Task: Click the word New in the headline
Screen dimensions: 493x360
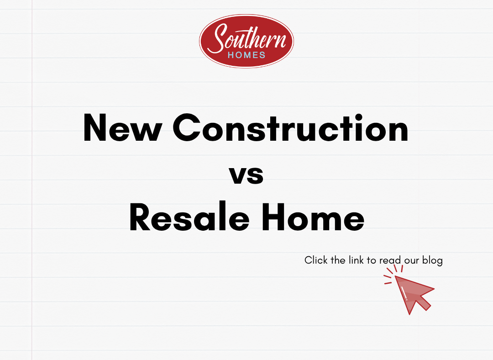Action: tap(123, 128)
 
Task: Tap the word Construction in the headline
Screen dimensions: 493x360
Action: tap(290, 128)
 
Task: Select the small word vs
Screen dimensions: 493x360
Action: tap(246, 175)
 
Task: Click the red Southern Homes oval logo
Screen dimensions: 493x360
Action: tap(246, 41)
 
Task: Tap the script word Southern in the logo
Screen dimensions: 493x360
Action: tap(247, 38)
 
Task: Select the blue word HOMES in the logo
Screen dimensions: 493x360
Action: tap(246, 55)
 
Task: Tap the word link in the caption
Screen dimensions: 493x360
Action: tap(356, 260)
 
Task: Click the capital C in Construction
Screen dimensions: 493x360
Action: tap(187, 127)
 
